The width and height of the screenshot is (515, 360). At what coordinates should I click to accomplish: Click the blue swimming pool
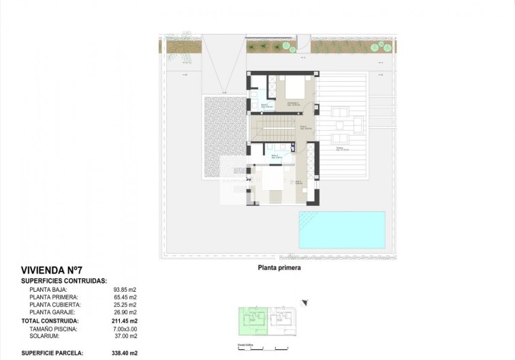(341, 228)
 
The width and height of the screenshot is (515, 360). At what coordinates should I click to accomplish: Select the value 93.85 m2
(125, 289)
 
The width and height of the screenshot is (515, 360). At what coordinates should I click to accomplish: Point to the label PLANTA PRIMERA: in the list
(54, 297)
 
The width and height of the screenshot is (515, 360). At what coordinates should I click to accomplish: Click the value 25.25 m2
(125, 305)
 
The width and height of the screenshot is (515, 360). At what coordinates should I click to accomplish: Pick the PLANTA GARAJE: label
(53, 312)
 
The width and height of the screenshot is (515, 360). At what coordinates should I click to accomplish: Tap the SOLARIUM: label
(46, 336)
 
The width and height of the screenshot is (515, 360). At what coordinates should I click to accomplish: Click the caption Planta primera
(279, 268)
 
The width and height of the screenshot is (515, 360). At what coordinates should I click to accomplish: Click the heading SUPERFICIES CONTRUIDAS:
(63, 280)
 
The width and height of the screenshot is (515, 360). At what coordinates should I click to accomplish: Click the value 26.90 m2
(125, 312)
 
